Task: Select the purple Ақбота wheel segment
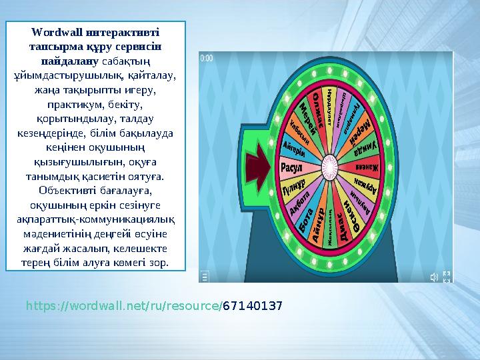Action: pos(300,201)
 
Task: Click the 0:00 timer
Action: pos(207,59)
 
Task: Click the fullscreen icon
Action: pos(447,276)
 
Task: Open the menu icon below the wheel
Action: pos(205,276)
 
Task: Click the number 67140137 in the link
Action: pos(252,306)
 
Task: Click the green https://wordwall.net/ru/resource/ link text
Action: pos(123,306)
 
